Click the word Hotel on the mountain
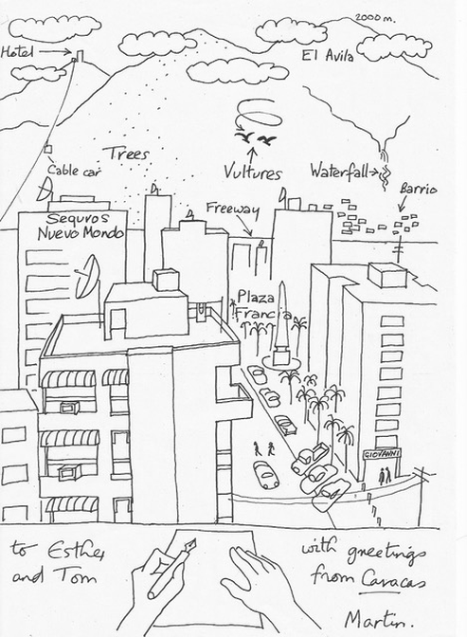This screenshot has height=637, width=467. point(17,52)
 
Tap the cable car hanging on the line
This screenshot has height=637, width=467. point(48,149)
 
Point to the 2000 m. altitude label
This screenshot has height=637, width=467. point(375,18)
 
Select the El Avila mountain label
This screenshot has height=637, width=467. point(328,55)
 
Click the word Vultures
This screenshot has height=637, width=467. point(252,172)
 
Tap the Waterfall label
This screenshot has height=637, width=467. point(339,171)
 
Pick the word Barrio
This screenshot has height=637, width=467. point(419,189)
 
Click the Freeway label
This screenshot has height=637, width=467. point(232,209)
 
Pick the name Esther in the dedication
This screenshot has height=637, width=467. point(76,551)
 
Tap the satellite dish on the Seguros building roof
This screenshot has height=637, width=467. point(45,191)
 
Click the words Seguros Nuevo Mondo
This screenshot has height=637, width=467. point(81,226)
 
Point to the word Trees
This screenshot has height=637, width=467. point(126,154)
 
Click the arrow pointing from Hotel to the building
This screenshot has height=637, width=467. point(55,51)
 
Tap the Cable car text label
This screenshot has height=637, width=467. point(73,170)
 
